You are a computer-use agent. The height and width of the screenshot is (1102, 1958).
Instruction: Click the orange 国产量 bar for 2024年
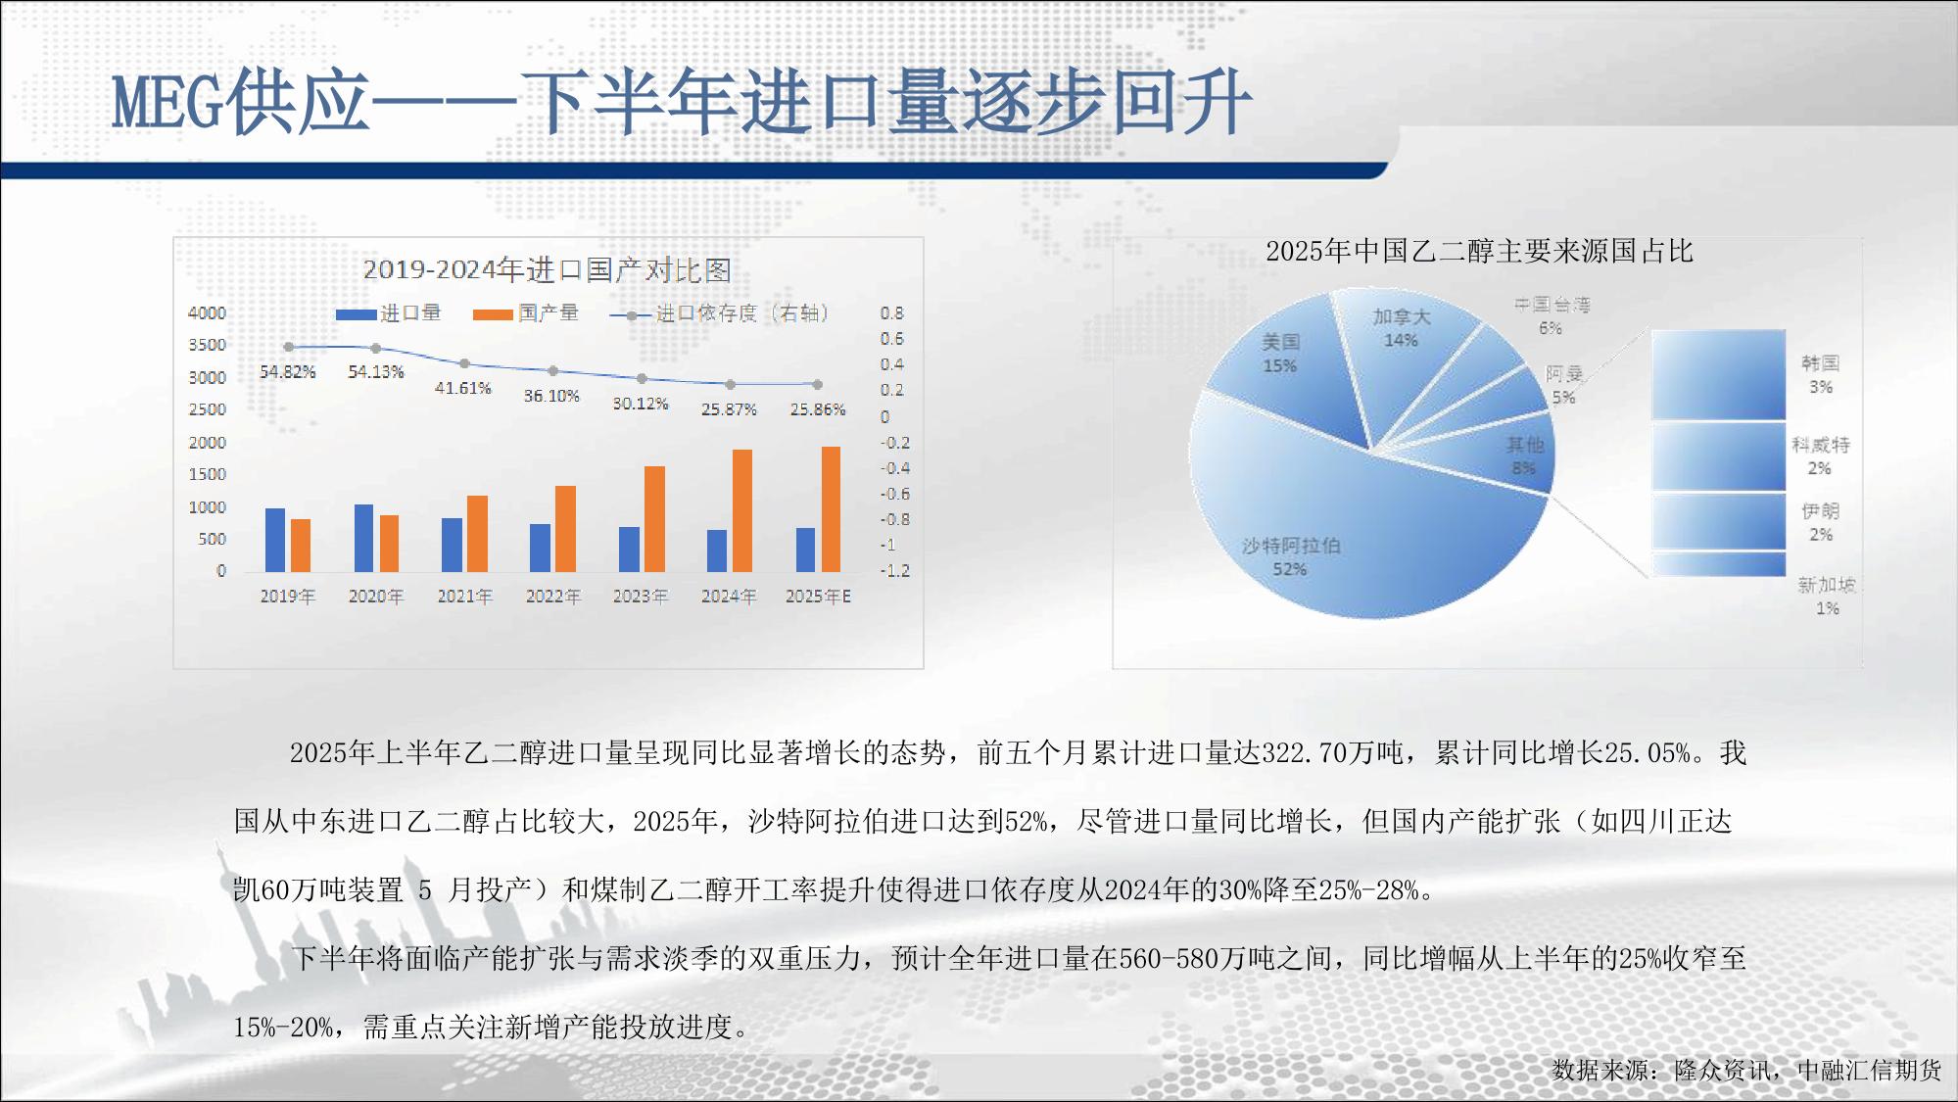pyautogui.click(x=742, y=510)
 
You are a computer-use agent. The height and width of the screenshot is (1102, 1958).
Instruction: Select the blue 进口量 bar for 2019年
pyautogui.click(x=275, y=540)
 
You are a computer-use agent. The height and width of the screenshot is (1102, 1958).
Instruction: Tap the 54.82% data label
pyautogui.click(x=287, y=372)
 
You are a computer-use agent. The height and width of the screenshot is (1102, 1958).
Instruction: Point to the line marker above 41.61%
pyautogui.click(x=464, y=363)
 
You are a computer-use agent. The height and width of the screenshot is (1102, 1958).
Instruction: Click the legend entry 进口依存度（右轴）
pyautogui.click(x=719, y=313)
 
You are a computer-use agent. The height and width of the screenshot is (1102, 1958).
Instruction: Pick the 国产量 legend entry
pyautogui.click(x=526, y=313)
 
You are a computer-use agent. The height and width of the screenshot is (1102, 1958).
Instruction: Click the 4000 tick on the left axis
pyautogui.click(x=207, y=313)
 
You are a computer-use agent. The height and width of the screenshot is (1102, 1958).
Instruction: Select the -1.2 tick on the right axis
pyautogui.click(x=894, y=571)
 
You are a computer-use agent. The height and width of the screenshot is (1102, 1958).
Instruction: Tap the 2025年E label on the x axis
pyautogui.click(x=818, y=597)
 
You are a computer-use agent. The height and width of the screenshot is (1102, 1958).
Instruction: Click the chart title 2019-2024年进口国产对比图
pyautogui.click(x=548, y=270)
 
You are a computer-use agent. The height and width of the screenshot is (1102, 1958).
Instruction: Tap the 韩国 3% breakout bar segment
pyautogui.click(x=1718, y=375)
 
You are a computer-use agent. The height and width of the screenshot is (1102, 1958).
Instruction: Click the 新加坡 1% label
pyautogui.click(x=1827, y=597)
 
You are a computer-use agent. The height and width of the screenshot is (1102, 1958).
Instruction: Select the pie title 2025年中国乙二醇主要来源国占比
pyautogui.click(x=1479, y=252)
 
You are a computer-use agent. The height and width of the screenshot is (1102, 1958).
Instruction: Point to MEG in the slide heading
pyautogui.click(x=167, y=103)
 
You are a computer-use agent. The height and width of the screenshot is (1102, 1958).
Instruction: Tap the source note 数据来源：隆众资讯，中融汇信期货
pyautogui.click(x=1746, y=1070)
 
